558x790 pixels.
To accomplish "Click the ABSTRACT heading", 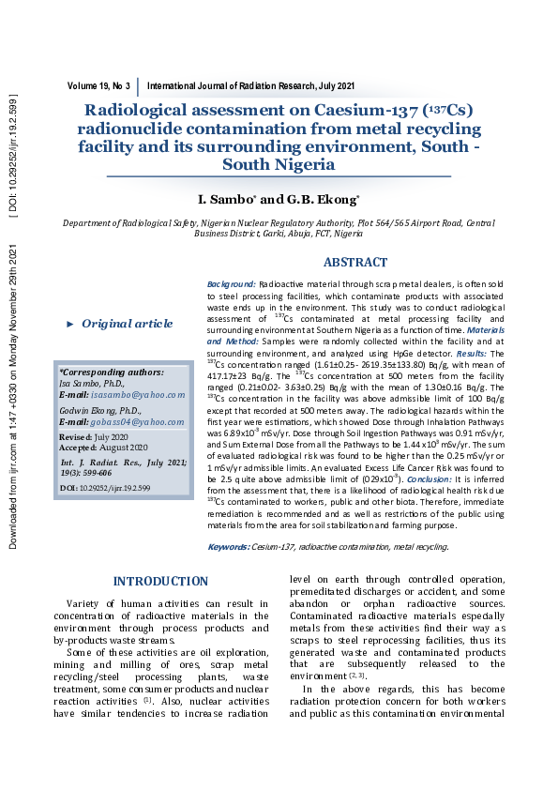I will (x=354, y=263).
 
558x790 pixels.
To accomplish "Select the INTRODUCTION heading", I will (x=160, y=582).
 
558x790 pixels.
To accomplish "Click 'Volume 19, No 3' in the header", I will (x=98, y=86).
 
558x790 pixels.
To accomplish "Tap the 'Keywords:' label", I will (x=227, y=546).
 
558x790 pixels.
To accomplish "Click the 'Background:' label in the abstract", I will (x=231, y=283).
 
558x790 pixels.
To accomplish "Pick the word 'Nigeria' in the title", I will (x=303, y=164).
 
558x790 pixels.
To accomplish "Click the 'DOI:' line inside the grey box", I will (x=105, y=488).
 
